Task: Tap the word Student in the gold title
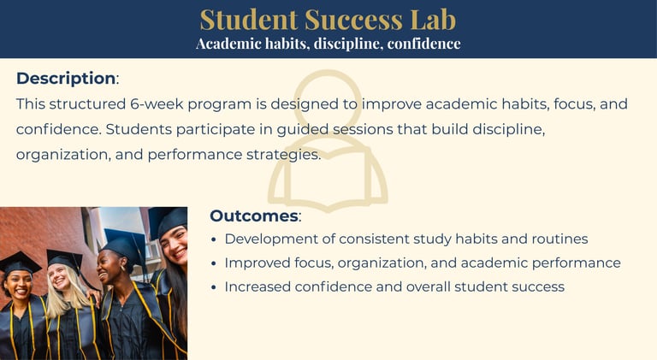point(249,20)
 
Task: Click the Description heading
point(66,79)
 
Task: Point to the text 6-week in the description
point(157,103)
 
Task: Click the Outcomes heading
point(254,215)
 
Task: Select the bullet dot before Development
point(214,240)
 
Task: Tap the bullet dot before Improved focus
point(214,263)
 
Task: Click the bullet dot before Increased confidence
point(214,287)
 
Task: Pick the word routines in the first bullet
point(559,239)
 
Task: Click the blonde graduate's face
point(58,277)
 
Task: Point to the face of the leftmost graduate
point(18,285)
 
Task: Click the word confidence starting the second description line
point(59,129)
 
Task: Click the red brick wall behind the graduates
point(38,234)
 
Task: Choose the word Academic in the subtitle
point(228,44)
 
